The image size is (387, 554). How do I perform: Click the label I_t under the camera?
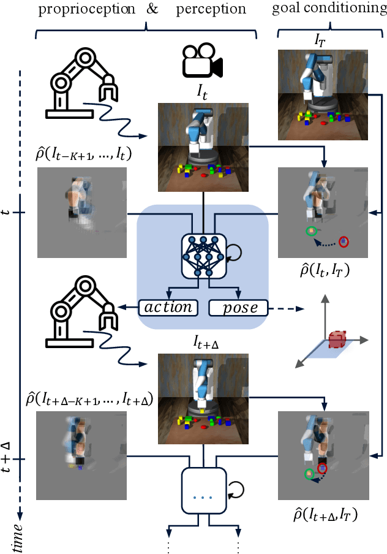(202, 92)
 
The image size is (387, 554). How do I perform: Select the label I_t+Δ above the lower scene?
(202, 344)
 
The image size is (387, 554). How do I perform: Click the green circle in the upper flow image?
(310, 232)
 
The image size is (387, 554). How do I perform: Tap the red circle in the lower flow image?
(323, 469)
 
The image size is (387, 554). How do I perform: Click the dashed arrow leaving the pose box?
(287, 308)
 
